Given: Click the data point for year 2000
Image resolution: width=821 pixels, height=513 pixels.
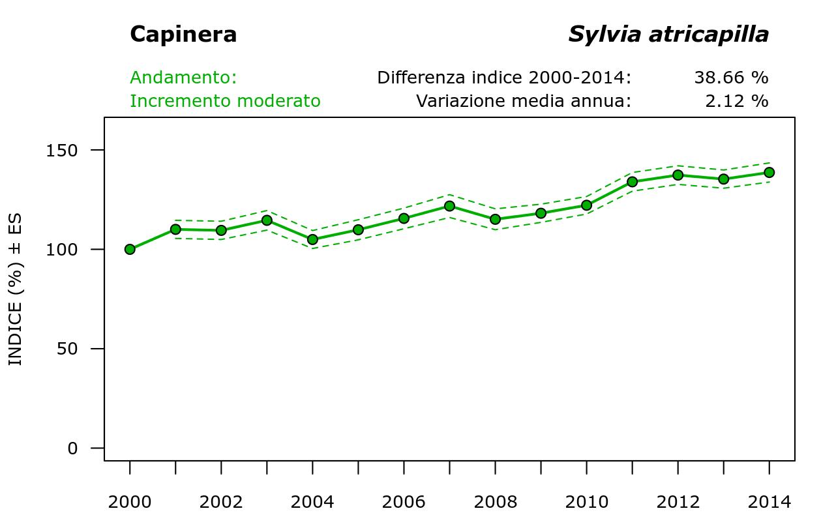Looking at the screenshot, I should [x=130, y=249].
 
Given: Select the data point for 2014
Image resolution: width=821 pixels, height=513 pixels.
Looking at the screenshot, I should [x=769, y=172].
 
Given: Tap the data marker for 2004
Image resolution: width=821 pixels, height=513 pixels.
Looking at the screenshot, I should [x=312, y=239].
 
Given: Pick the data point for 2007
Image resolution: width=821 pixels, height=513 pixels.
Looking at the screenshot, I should [x=449, y=206].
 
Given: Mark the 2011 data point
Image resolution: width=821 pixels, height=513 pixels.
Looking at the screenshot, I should [x=632, y=182].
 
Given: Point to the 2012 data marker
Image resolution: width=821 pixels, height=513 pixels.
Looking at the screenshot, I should [x=678, y=175].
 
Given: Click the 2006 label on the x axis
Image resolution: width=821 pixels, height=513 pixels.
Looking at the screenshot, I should [x=404, y=502].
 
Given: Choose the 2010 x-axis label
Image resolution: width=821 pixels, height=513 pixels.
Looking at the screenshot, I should [x=586, y=502].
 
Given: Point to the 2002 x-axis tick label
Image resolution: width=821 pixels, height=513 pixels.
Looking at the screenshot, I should [x=221, y=502].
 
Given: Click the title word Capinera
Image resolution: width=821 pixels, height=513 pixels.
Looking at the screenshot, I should [x=183, y=34].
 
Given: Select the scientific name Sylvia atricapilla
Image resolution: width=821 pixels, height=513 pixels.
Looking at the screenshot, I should [x=668, y=34].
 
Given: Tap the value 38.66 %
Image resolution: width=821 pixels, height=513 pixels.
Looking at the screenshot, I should [x=731, y=78].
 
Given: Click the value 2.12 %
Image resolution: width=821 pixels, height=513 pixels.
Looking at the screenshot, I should [x=737, y=101].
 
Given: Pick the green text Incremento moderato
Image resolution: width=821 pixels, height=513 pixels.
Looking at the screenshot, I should [x=225, y=101].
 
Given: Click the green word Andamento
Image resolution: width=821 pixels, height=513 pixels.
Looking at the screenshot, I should [x=183, y=78].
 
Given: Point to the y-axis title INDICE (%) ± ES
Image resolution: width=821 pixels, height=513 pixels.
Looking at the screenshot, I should [x=15, y=289].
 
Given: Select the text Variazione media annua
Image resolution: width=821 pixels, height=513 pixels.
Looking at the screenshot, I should [x=524, y=101].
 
